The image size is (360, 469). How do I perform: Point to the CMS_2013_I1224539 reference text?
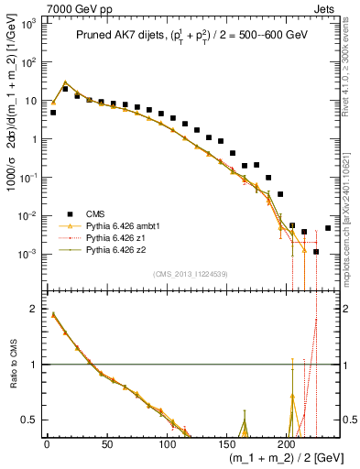[x=190, y=273]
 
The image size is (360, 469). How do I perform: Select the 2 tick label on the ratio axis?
[x=33, y=310]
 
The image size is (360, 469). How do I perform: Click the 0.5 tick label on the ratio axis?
[x=29, y=420]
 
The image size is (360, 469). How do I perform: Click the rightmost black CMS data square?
[x=328, y=228]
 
